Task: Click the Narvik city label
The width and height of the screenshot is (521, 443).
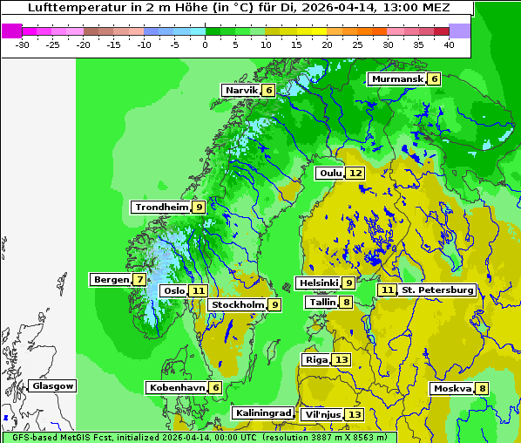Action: point(242,90)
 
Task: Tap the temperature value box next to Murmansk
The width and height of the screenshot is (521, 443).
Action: point(434,79)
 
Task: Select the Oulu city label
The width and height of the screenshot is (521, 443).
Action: point(330,173)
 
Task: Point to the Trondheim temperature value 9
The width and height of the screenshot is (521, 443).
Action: point(199,207)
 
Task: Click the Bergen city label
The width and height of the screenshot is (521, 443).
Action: point(110,280)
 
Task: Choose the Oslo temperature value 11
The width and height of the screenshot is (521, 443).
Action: point(199,291)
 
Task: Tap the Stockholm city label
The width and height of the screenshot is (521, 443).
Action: point(237,304)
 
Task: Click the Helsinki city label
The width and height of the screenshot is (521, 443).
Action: point(318,283)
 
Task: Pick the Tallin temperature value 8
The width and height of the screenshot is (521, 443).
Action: point(346,303)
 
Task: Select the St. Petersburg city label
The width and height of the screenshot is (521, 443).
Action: point(437,290)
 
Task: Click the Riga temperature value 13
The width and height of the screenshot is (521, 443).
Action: point(341,359)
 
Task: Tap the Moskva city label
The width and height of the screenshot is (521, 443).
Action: point(452,388)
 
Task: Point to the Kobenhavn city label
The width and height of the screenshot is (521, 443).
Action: point(177,387)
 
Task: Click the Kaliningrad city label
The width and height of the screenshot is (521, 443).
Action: point(262,412)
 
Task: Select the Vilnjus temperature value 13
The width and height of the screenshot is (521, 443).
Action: point(354,414)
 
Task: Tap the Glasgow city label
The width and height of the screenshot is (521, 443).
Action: point(53,385)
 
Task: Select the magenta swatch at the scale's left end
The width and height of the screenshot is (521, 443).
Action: point(11,30)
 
